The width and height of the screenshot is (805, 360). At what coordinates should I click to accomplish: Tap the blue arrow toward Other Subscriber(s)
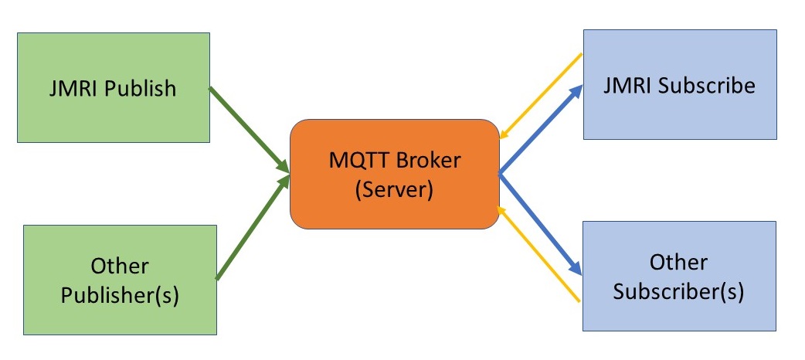[541, 224]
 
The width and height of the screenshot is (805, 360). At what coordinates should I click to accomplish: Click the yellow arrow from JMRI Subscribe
[541, 97]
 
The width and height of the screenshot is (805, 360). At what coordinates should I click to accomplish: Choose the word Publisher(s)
[120, 295]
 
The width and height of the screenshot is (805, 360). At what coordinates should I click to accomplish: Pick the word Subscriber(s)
[678, 291]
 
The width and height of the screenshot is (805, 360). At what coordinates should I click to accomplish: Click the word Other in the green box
[120, 267]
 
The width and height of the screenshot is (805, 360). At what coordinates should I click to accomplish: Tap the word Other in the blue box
[678, 262]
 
